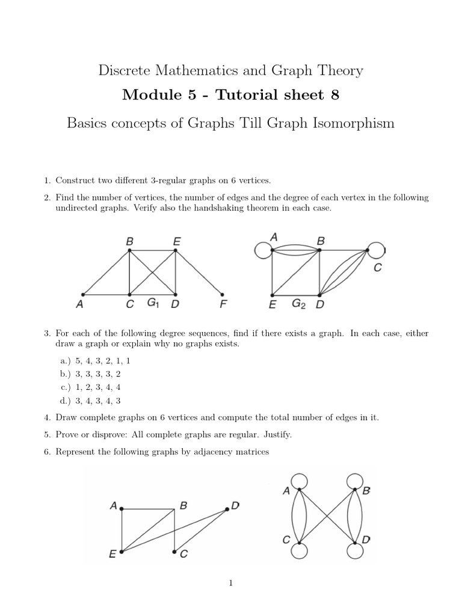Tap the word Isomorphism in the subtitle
point(350,123)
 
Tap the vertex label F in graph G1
point(223,305)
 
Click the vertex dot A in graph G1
point(83,295)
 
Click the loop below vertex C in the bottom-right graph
point(299,550)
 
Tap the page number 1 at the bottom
point(231,583)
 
